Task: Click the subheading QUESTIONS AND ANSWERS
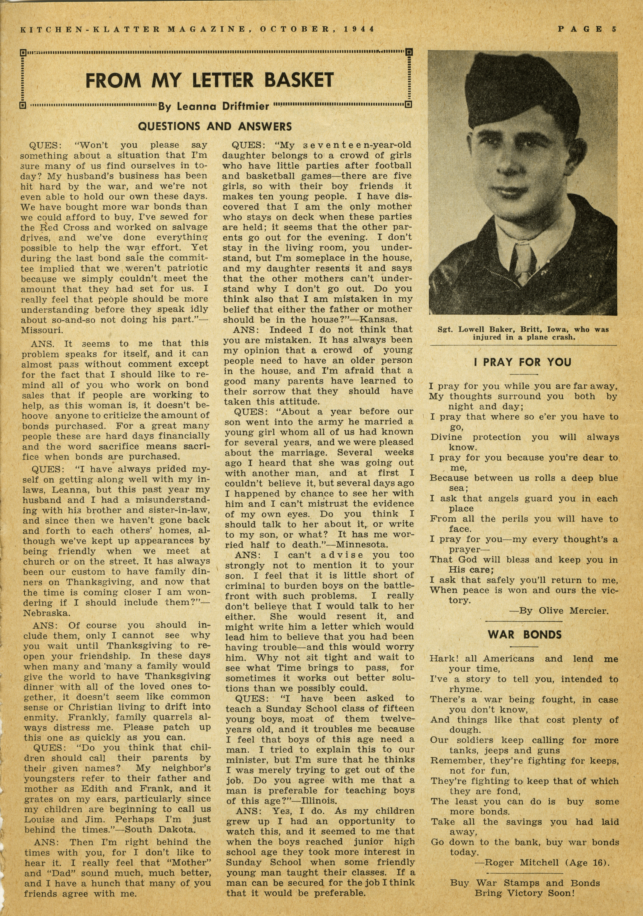click(215, 127)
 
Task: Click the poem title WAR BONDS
click(524, 635)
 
